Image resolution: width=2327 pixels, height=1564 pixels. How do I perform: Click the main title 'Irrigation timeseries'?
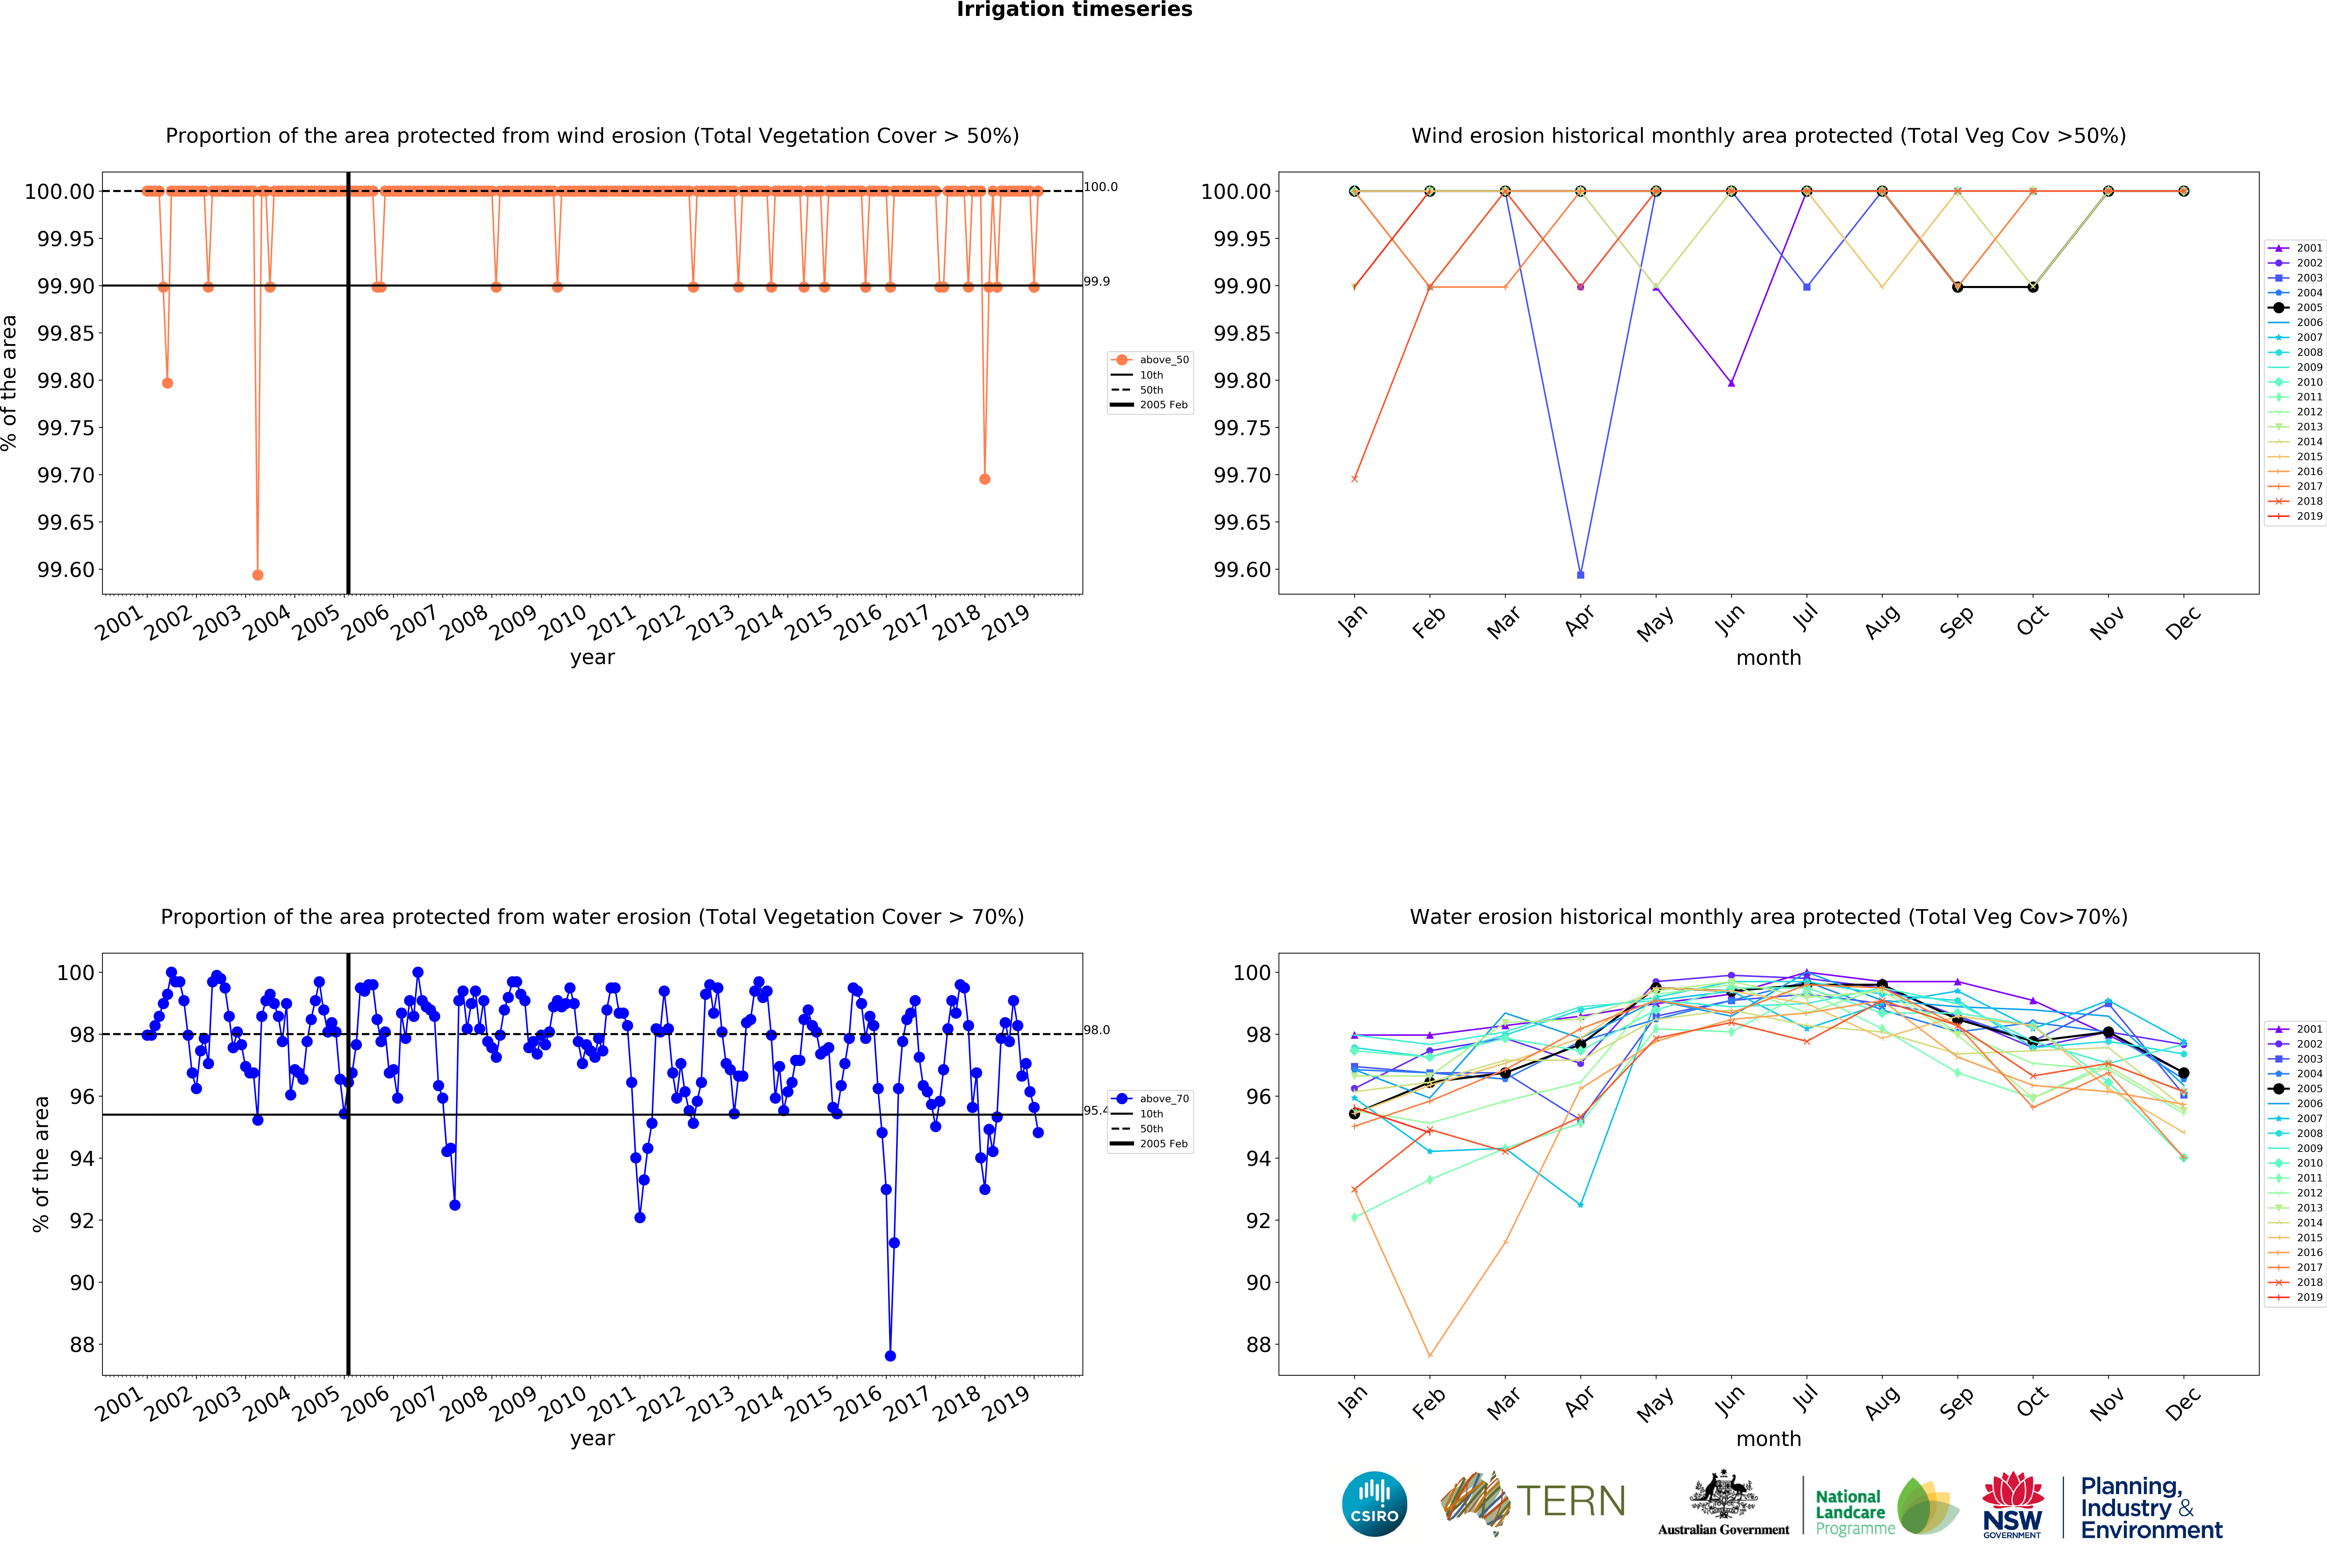1074,10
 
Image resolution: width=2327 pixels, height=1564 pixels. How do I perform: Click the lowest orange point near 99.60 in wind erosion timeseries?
258,574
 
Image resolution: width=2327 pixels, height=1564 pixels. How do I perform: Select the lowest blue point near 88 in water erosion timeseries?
889,1356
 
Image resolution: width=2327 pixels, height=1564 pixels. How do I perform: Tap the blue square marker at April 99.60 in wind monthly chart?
1580,574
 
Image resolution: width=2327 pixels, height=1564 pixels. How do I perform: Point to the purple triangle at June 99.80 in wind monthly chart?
1731,383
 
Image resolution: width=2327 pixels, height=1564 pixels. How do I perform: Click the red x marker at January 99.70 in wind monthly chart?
1354,479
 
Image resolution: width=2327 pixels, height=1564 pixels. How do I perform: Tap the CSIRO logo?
1374,1504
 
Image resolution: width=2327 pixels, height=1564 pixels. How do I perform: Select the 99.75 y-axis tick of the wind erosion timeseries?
66,428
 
